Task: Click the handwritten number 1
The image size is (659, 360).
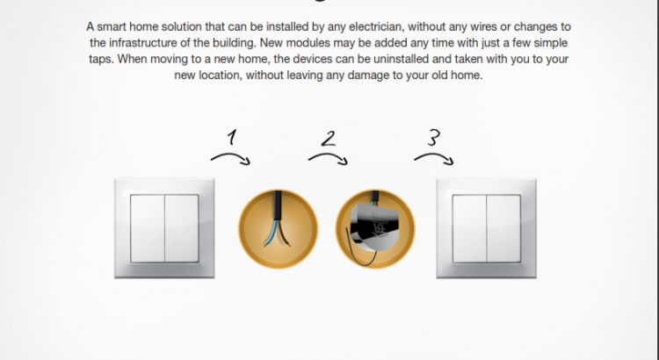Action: [232, 137]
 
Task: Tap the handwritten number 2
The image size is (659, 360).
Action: [329, 139]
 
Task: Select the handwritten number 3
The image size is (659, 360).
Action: [434, 137]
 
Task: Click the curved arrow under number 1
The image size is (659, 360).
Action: [231, 156]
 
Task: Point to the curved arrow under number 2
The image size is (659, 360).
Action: [329, 156]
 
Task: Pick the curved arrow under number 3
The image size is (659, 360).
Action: [434, 156]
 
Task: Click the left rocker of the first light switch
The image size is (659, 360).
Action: [148, 228]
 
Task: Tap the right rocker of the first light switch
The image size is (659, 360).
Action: [182, 228]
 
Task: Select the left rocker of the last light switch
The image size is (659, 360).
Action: [469, 228]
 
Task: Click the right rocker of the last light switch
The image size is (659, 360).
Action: [503, 228]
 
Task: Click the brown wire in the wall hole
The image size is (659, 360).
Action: [284, 234]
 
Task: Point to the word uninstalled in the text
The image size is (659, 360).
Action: [401, 59]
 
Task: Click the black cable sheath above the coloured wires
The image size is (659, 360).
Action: [278, 205]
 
